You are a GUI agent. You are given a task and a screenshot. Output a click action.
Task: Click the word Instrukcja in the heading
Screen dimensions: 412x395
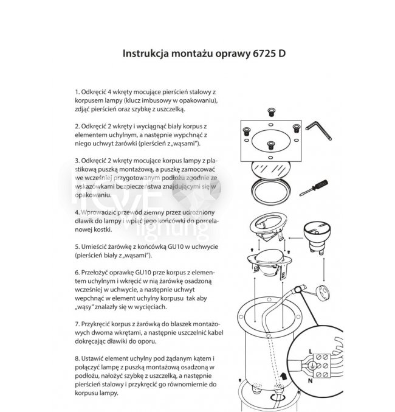[x=146, y=53]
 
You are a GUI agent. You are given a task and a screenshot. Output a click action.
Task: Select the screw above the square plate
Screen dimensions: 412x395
[x=271, y=111]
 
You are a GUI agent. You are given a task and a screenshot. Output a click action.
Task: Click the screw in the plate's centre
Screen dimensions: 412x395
[x=271, y=144]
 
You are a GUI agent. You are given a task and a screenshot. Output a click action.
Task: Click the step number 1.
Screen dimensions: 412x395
[x=76, y=90]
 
